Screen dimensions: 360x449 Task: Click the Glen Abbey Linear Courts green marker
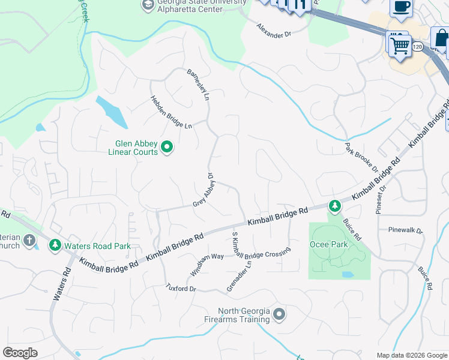[x=167, y=147]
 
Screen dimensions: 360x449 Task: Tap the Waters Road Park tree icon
[x=55, y=245]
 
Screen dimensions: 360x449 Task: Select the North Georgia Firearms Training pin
[x=279, y=314]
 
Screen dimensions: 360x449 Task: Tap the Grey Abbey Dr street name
[x=204, y=191]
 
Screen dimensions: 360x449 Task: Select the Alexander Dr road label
[x=274, y=31]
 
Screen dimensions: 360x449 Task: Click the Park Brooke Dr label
[x=362, y=157]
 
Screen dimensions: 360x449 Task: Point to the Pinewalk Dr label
[x=406, y=230]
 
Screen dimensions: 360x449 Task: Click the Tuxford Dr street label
[x=181, y=289]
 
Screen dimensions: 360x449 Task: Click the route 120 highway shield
[x=418, y=46]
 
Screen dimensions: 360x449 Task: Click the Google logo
[x=20, y=353]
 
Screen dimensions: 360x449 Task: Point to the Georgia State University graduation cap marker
[x=148, y=5]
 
